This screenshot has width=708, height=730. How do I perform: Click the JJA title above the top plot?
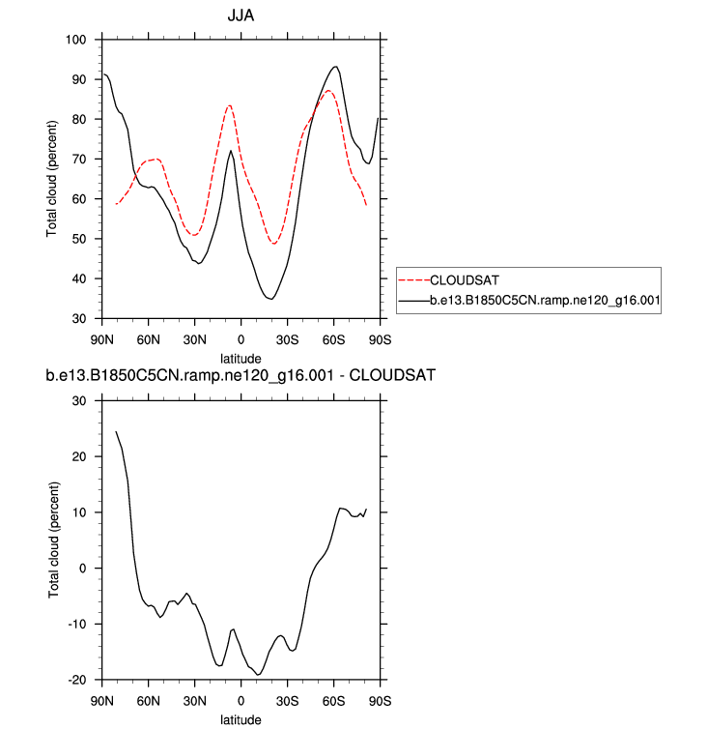coord(241,17)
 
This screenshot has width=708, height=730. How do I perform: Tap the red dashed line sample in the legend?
coord(413,280)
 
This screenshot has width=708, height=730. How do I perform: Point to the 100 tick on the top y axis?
coord(76,40)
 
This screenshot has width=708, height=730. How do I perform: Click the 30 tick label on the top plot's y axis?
coord(80,319)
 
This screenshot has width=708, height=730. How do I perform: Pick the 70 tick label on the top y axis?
coord(80,160)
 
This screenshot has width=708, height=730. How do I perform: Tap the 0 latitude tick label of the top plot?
coord(241,338)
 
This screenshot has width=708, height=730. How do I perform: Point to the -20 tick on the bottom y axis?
coord(77,680)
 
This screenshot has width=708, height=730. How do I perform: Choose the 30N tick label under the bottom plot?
coord(195,700)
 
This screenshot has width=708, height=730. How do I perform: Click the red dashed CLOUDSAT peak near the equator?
coord(230,105)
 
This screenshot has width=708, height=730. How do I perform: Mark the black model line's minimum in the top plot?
coord(271,299)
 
